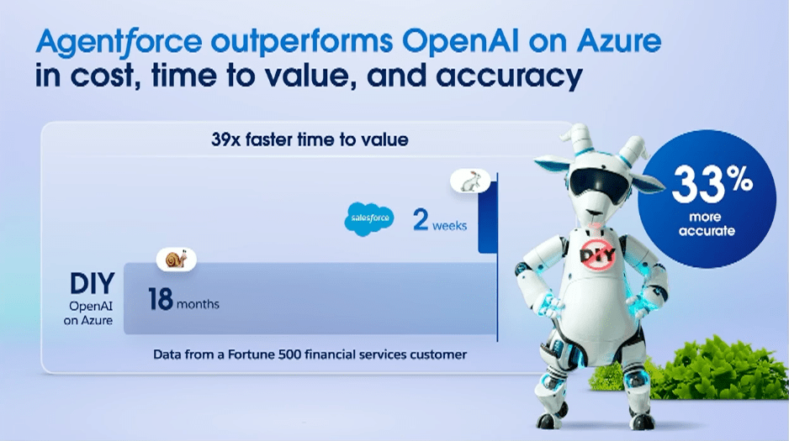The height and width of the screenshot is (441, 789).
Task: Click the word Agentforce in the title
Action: [119, 42]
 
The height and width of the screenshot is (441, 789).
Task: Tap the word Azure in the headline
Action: [619, 40]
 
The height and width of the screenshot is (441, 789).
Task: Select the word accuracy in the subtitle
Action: [509, 76]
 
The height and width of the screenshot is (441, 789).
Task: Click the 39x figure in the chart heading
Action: [225, 139]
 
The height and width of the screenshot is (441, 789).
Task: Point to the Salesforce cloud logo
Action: [369, 219]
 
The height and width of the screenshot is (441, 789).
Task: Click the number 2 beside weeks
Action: [421, 220]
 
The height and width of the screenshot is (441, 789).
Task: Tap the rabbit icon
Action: [470, 181]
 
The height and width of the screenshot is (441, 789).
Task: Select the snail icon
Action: [176, 260]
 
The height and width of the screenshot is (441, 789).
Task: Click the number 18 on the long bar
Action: [161, 299]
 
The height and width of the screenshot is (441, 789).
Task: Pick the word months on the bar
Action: [198, 304]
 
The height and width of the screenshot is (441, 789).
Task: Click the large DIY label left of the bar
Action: [92, 284]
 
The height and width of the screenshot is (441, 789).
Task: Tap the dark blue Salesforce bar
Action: [487, 218]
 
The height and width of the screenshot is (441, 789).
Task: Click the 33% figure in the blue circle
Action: [712, 184]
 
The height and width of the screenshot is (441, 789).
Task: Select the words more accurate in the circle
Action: [707, 224]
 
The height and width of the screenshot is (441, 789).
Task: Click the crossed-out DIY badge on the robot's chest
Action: [598, 255]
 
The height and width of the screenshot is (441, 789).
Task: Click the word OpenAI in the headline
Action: [460, 42]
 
